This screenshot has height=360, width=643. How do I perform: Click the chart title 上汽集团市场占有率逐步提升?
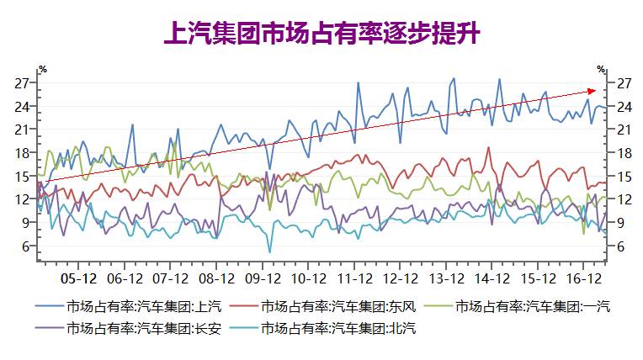pos(321,34)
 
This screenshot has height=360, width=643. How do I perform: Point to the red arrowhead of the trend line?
pos(593,90)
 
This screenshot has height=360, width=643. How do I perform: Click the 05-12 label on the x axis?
pos(79,277)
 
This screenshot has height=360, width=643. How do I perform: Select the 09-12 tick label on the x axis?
pos(263,277)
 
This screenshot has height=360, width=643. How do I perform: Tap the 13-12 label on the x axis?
pos(446,277)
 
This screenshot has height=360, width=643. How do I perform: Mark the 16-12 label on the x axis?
pos(583,277)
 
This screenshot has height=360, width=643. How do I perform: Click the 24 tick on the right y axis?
pos(625,106)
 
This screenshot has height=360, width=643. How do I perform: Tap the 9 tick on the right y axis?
pos(622,222)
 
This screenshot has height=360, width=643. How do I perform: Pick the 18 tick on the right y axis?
pos(625,152)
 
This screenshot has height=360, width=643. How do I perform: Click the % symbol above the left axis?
pos(42,68)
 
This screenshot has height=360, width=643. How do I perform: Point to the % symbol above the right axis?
pos(601,68)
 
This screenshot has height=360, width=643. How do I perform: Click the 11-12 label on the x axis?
pos(354,277)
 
